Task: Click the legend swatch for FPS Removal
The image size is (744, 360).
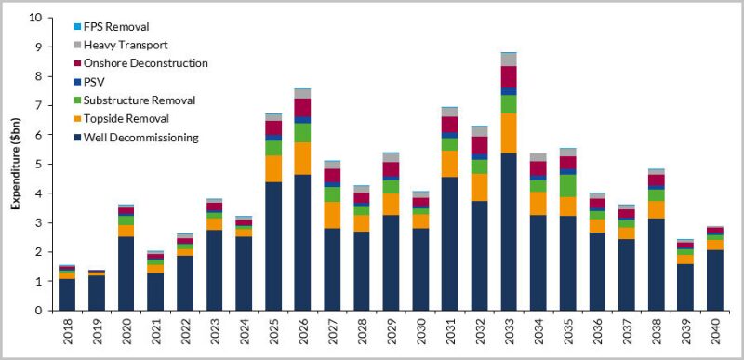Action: [77, 27]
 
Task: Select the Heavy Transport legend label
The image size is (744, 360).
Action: [126, 45]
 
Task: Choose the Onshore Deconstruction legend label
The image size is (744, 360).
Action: [145, 63]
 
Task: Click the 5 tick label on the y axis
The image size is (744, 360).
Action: [38, 165]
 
